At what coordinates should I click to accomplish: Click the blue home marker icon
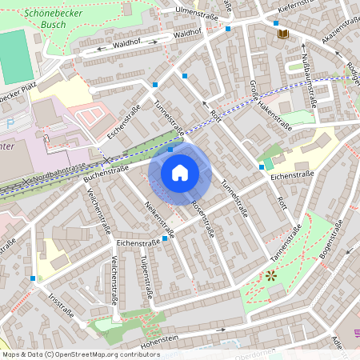click(180, 172)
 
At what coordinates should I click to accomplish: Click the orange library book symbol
click(282, 34)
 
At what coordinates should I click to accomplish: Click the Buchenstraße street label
click(106, 175)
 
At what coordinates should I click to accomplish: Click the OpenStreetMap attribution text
click(81, 354)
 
